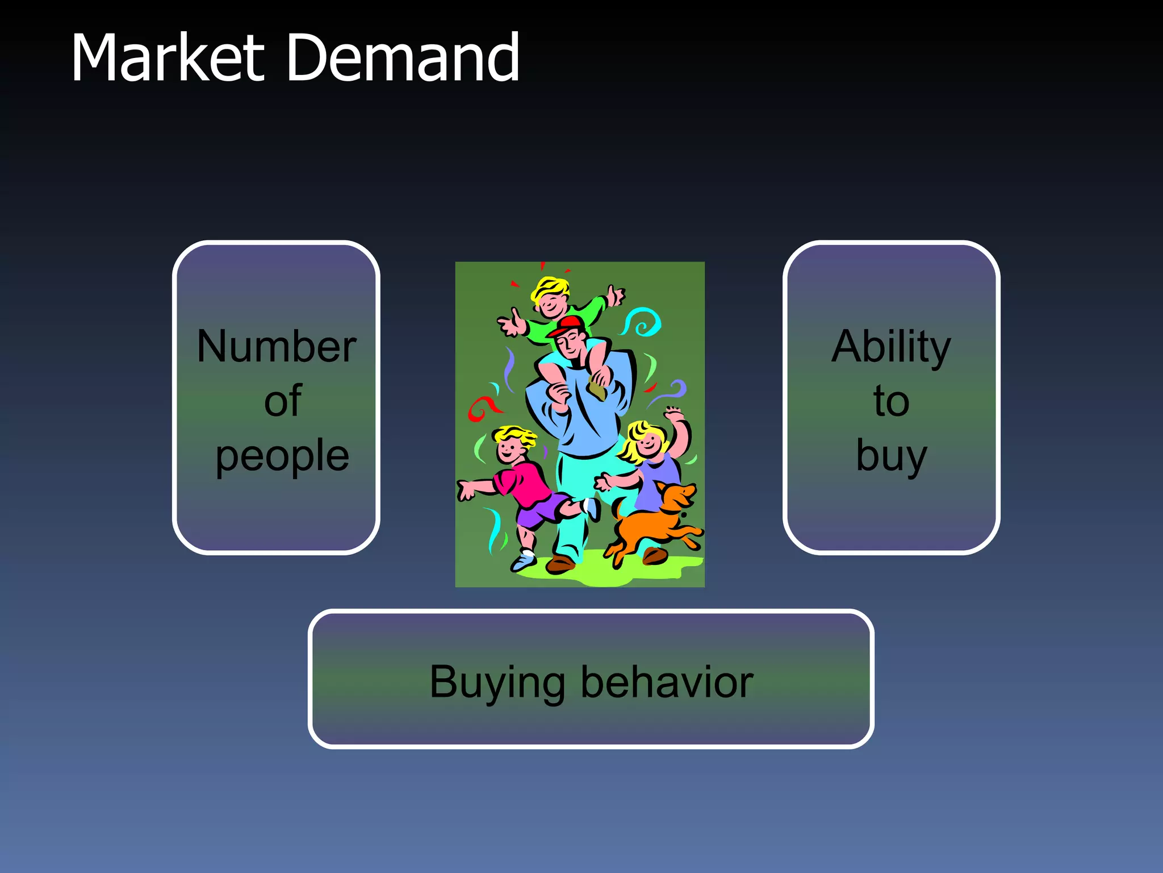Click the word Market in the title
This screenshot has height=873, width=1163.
click(168, 58)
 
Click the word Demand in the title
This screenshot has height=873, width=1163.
click(403, 58)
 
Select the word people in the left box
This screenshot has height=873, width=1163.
click(282, 456)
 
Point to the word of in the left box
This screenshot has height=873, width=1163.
click(282, 401)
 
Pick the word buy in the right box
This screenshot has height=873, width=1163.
click(891, 456)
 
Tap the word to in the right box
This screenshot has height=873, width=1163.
click(891, 401)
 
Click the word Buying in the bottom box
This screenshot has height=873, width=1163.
click(497, 682)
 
